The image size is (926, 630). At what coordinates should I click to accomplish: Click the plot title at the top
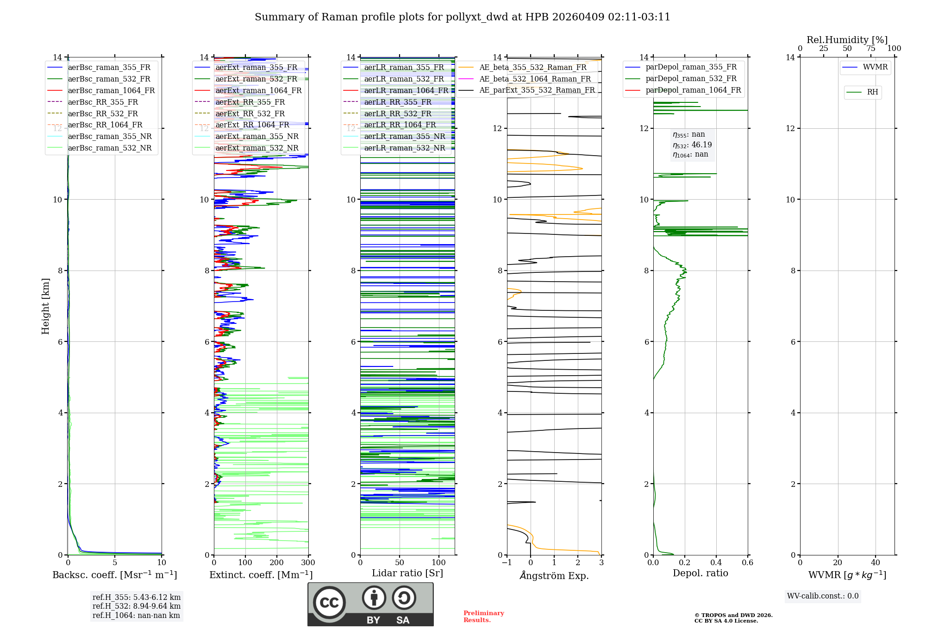tap(462, 17)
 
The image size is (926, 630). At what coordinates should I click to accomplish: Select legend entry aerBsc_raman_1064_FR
tap(111, 91)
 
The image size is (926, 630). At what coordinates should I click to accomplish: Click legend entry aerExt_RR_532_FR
tap(250, 113)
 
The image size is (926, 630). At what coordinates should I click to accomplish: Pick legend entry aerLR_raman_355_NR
tap(404, 136)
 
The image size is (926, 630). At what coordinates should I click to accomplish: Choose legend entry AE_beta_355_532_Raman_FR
tap(532, 68)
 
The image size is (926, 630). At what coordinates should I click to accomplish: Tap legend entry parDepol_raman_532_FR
tap(691, 79)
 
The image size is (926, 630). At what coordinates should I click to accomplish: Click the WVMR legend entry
tap(875, 67)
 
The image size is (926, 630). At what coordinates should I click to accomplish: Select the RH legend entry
tap(872, 92)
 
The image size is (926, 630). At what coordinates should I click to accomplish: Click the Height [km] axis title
tap(45, 306)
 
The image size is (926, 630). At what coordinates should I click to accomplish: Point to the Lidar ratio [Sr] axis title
tap(407, 573)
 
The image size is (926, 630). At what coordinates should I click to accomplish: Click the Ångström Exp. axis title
tap(554, 576)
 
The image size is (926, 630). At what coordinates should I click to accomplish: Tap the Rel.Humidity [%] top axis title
tap(847, 40)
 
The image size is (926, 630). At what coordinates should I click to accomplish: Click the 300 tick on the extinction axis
tap(308, 563)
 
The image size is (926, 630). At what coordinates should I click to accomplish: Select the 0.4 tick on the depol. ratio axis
tap(716, 563)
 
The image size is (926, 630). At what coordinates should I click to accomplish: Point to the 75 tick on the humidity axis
tap(870, 49)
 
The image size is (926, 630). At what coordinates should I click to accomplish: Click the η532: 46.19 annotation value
tap(693, 145)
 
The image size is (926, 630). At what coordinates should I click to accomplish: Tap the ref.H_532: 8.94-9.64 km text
tap(136, 606)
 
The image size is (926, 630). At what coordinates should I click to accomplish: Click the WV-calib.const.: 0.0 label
tap(822, 596)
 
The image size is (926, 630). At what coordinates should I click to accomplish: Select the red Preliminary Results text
tap(483, 617)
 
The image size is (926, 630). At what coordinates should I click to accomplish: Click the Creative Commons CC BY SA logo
tap(370, 604)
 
